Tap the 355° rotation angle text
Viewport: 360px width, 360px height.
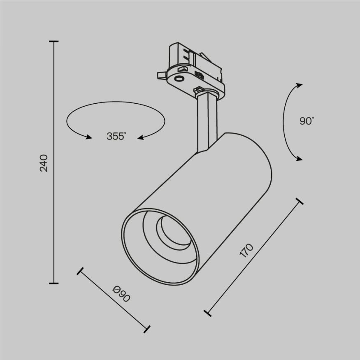click(x=116, y=137)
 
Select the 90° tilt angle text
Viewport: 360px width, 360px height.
click(x=307, y=121)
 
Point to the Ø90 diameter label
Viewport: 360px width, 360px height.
click(x=121, y=294)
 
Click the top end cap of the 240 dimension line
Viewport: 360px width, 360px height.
click(x=53, y=42)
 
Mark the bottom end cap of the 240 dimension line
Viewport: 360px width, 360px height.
click(x=53, y=283)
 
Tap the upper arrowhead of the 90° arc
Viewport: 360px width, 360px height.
click(x=299, y=85)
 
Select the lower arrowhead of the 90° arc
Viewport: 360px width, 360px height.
click(x=300, y=158)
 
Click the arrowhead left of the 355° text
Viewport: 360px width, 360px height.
click(x=88, y=137)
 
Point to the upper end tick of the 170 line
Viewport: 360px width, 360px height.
click(x=300, y=201)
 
